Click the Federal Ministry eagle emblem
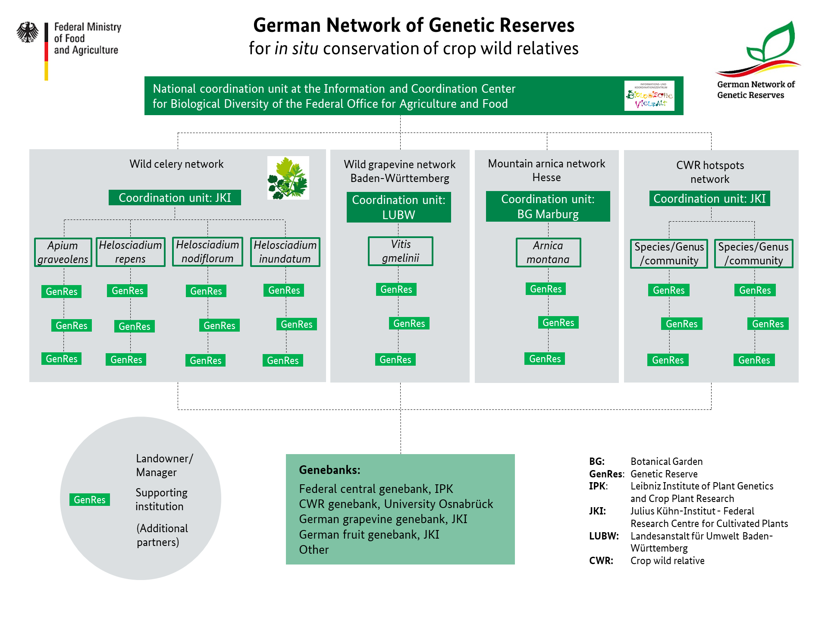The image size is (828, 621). [x=28, y=32]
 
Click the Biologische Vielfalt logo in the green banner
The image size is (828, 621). [x=649, y=96]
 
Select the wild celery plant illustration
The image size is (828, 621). [x=288, y=178]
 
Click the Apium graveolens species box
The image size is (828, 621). [x=63, y=252]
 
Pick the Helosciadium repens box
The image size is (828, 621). [x=130, y=252]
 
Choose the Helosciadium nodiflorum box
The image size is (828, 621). [x=207, y=251]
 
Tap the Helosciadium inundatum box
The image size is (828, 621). [x=285, y=252]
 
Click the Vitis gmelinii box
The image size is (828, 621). [x=401, y=251]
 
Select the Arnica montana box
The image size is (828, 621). [x=548, y=252]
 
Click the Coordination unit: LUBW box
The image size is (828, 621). [x=399, y=207]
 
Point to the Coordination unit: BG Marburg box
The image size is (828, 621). [x=548, y=206]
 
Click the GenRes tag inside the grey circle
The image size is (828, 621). [x=90, y=499]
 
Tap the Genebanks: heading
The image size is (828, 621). [x=330, y=470]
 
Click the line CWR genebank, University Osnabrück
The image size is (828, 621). [x=396, y=504]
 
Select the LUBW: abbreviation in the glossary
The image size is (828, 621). [x=604, y=536]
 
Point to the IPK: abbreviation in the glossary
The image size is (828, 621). [x=598, y=486]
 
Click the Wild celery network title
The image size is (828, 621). [x=176, y=164]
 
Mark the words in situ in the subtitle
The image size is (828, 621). [x=296, y=48]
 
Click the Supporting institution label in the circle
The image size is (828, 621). [x=161, y=499]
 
